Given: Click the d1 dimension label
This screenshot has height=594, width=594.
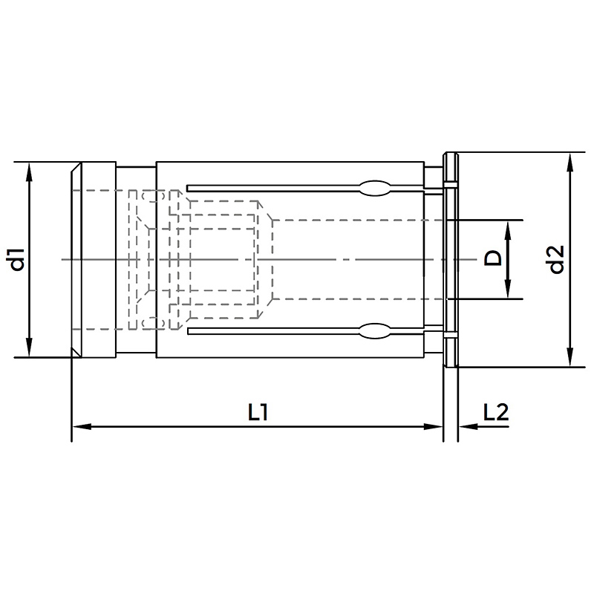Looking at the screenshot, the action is pyautogui.click(x=18, y=259).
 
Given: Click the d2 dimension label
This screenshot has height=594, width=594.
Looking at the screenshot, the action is pyautogui.click(x=557, y=259).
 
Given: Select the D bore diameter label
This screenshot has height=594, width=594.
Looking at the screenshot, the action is pyautogui.click(x=493, y=259).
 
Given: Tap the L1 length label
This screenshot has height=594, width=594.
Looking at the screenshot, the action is pyautogui.click(x=258, y=412).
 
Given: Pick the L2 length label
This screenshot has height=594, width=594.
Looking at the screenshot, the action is pyautogui.click(x=496, y=412).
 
